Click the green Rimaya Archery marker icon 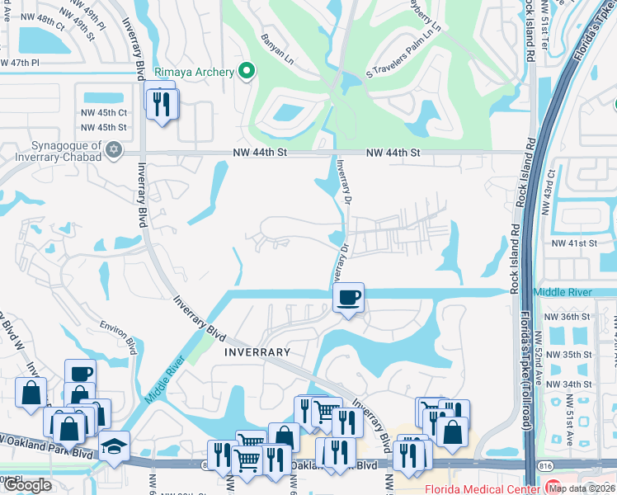tap(245, 72)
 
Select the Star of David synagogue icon tap(114, 150)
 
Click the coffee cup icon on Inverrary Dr tap(348, 296)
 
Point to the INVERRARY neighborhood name tap(256, 352)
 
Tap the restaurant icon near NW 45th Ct tap(160, 102)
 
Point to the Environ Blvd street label tap(117, 333)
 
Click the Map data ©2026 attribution tap(582, 488)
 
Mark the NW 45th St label tap(104, 127)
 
